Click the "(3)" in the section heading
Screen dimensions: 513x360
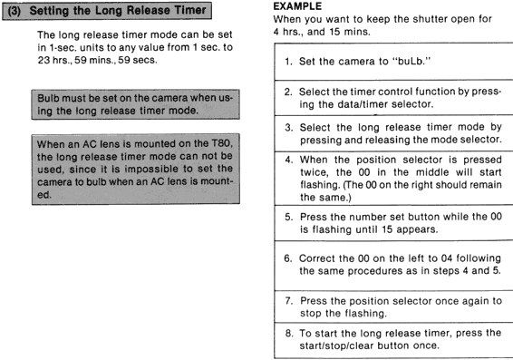pyautogui.click(x=15, y=11)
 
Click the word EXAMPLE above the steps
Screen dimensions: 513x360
pyautogui.click(x=297, y=6)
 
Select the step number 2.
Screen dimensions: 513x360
pyautogui.click(x=288, y=92)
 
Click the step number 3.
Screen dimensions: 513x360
pyautogui.click(x=288, y=127)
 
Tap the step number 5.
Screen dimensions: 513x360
pyautogui.click(x=288, y=217)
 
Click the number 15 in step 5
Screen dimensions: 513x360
pyautogui.click(x=386, y=229)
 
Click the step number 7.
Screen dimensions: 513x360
pyautogui.click(x=288, y=300)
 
